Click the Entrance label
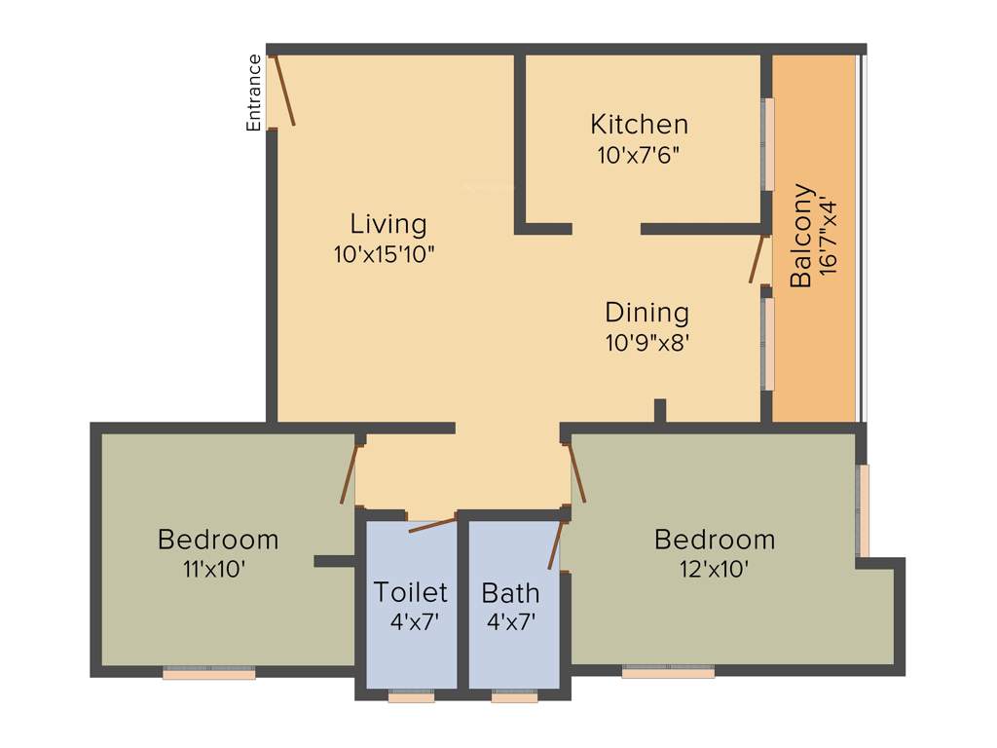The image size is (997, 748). [x=254, y=93]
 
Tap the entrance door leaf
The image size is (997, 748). [x=283, y=91]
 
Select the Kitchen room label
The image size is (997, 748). [x=639, y=125]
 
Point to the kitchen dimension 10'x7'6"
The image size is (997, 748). [x=639, y=155]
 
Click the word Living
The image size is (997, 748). [x=388, y=224]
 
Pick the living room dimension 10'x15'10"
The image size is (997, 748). [x=384, y=255]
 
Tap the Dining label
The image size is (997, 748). [x=646, y=313]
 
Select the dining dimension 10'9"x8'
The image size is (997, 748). [x=646, y=343]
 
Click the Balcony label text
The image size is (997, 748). [x=800, y=236]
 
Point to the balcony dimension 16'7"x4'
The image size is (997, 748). [x=829, y=238]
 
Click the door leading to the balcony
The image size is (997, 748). [x=757, y=258]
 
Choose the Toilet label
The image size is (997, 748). [x=411, y=591]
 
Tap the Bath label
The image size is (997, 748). [x=510, y=592]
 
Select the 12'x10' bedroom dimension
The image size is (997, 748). [x=714, y=570]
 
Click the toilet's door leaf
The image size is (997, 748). [x=432, y=525]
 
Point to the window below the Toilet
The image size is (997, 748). [x=411, y=696]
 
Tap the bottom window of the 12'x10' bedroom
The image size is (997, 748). [x=668, y=671]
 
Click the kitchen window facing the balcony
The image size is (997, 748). [x=768, y=144]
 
